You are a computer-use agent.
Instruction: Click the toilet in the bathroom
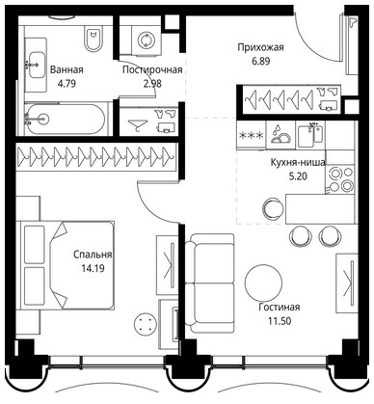point(93,39)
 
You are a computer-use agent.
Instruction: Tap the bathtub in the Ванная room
point(66,120)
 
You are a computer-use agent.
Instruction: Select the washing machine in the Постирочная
point(146,40)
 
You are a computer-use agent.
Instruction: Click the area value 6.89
point(260,61)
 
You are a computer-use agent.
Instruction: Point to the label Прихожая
point(260,47)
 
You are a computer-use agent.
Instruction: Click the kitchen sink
point(309,135)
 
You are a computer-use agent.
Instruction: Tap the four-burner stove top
point(341,179)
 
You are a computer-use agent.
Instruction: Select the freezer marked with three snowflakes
point(252,135)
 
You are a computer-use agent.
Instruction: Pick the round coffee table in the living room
point(263,283)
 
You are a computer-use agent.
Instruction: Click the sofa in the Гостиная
point(209,283)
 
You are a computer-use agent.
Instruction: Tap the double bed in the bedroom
point(66,265)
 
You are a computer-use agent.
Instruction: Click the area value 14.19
point(93,268)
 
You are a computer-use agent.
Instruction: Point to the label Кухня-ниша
point(297,163)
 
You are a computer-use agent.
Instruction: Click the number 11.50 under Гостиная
point(280,320)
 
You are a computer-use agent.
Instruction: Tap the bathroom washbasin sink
point(36,65)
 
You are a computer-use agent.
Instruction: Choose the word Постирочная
point(152,69)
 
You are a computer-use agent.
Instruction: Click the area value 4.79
point(67,84)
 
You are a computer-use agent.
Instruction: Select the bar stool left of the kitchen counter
point(274,207)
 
